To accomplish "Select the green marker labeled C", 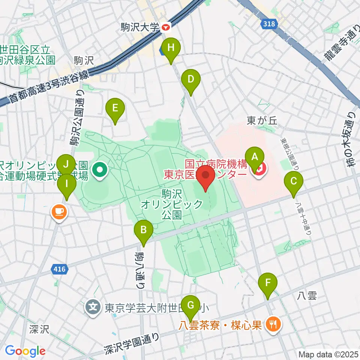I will click(x=294, y=183).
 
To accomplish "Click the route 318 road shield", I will click(x=268, y=24).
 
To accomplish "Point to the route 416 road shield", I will click(x=60, y=269).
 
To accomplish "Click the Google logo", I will click(x=25, y=351).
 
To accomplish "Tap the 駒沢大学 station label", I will click(x=140, y=27).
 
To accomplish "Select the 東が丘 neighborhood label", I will click(x=262, y=120).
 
